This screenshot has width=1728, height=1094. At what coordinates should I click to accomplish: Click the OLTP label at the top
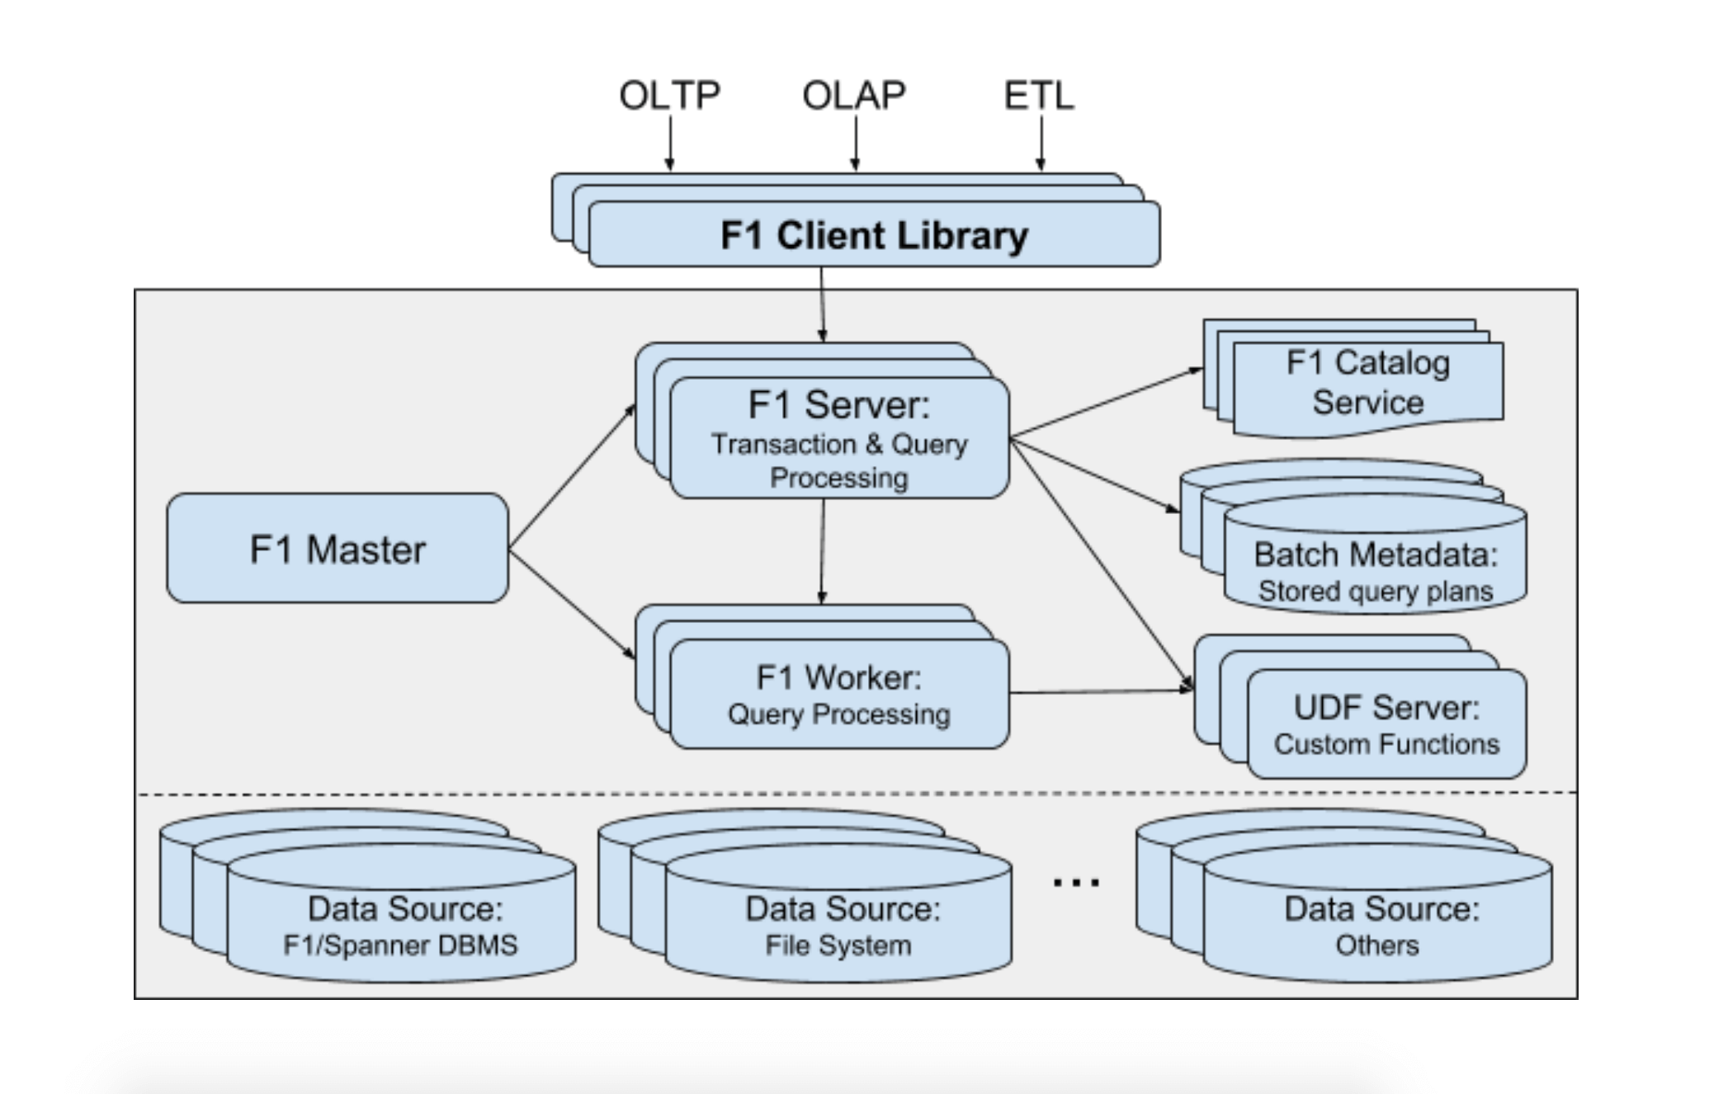coord(669,96)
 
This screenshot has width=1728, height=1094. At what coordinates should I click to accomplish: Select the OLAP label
coord(854,96)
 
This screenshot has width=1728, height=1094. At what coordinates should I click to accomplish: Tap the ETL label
coord(1039,96)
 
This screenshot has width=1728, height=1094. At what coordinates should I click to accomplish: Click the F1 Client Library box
coord(874,235)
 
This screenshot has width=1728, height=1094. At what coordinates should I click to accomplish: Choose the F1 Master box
coord(338,549)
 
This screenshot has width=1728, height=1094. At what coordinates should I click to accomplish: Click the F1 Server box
coord(839,438)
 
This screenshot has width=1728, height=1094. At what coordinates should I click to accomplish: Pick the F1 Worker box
coord(839,694)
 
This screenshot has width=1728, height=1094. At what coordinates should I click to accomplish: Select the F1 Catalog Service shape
coord(1367,384)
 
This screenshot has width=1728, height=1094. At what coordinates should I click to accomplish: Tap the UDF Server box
coord(1386,724)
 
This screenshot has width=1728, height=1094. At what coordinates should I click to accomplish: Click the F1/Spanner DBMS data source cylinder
coord(401,924)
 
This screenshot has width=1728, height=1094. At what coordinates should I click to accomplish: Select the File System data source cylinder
coord(838,924)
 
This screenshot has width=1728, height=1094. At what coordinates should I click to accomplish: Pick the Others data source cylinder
coord(1377,924)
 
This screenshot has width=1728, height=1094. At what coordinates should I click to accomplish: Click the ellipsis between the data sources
coord(1076,882)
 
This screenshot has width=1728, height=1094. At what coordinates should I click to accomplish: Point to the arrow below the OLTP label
coord(669,144)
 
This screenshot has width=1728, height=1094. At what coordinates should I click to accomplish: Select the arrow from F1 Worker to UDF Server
coord(1101,691)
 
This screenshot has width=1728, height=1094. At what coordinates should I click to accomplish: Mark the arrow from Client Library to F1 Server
coord(822,304)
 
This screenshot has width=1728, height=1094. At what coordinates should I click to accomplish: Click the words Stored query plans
coord(1375,592)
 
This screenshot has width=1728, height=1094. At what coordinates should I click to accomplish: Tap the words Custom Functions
coord(1386,744)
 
